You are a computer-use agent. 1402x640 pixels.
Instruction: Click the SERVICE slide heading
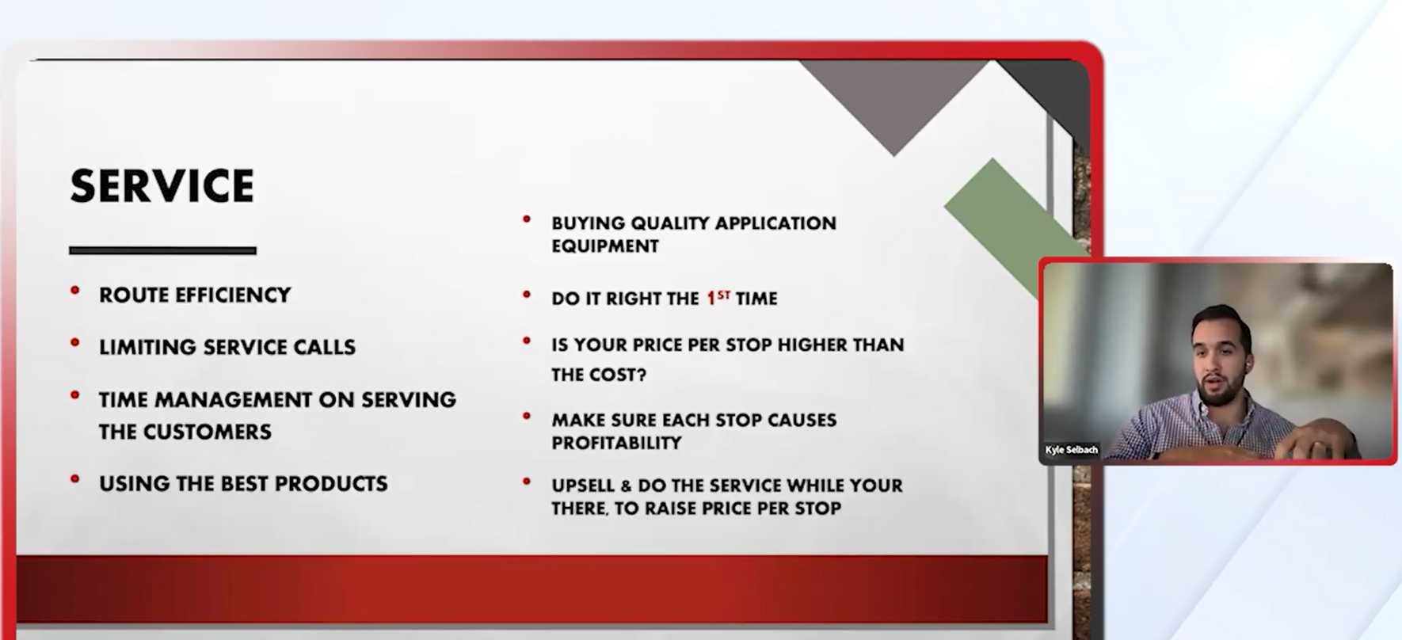[x=162, y=186]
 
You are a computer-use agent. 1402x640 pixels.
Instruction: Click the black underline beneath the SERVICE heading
[x=162, y=250]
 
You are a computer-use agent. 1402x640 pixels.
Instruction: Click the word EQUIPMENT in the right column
[x=605, y=246]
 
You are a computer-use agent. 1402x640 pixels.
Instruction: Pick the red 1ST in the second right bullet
[x=718, y=298]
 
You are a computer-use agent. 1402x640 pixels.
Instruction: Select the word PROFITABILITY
[x=616, y=443]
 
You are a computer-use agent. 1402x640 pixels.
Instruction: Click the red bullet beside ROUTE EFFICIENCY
[x=75, y=291]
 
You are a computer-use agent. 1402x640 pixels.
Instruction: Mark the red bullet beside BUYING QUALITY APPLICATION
[x=527, y=219]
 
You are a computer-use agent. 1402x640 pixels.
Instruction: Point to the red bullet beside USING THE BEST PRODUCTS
[x=75, y=479]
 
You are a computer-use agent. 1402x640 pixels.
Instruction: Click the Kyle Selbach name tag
[x=1072, y=450]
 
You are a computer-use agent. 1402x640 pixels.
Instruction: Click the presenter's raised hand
[x=1307, y=444]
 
